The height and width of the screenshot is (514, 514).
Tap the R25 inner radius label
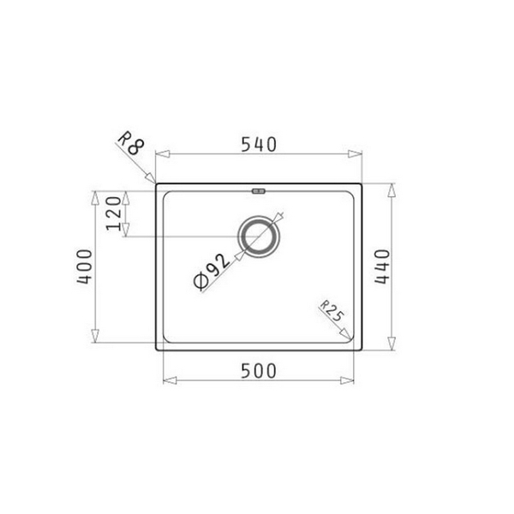point(332,312)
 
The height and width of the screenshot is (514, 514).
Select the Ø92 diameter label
point(209,274)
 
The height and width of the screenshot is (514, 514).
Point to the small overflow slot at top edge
point(259,190)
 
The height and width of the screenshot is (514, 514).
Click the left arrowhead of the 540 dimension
point(159,155)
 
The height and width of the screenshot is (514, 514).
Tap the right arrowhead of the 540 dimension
point(358,155)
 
